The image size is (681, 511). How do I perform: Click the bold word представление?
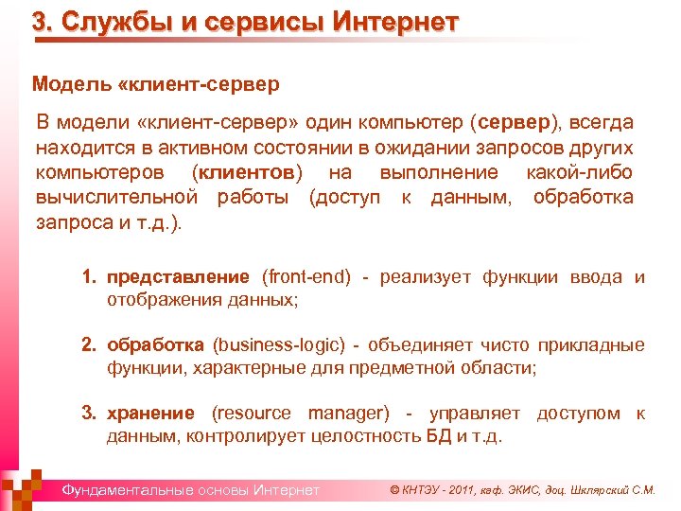[178, 277]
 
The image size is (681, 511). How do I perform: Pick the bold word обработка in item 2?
[155, 345]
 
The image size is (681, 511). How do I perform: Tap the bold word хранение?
[151, 414]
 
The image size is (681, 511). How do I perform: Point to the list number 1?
[88, 277]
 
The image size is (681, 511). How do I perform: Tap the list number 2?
[88, 345]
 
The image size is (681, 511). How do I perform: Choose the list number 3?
[88, 414]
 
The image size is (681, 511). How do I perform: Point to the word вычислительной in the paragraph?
[116, 197]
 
